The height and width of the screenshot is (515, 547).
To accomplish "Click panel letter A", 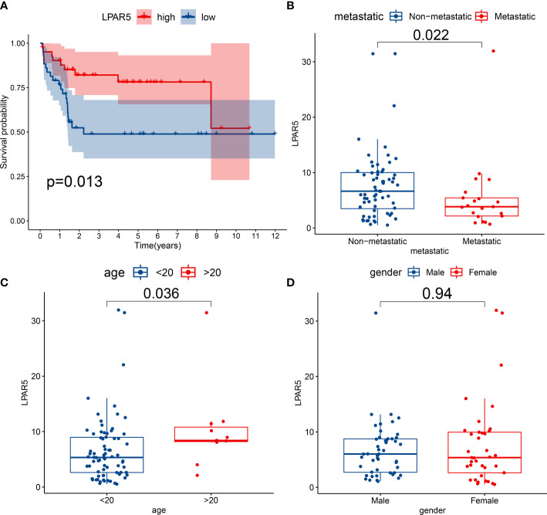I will [5, 6].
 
